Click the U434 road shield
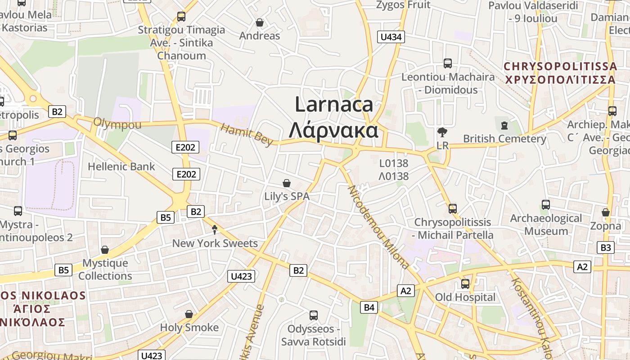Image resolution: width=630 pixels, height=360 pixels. [x=391, y=37]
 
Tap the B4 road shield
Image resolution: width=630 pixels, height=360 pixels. [x=369, y=307]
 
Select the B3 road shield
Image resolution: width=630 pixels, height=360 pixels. [x=606, y=247]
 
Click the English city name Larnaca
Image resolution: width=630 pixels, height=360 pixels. [x=334, y=104]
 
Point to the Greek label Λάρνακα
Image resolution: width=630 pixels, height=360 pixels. [x=333, y=130]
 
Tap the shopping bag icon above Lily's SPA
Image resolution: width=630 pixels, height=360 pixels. [x=286, y=183]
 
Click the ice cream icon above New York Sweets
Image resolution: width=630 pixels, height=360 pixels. [x=215, y=230]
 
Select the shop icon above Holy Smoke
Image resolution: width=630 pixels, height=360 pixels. [x=189, y=314]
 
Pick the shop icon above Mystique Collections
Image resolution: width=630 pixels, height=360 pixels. [x=105, y=249]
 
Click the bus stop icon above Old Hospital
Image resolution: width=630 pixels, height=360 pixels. [x=465, y=284]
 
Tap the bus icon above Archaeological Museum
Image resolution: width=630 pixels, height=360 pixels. [x=545, y=205]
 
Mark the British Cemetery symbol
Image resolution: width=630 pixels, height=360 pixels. [x=504, y=125]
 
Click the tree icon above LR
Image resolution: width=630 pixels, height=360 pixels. [x=442, y=132]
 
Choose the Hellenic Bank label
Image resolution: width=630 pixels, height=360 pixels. [x=121, y=166]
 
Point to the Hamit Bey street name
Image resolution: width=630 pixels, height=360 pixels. [x=247, y=135]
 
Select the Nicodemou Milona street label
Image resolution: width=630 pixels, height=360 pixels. [x=378, y=227]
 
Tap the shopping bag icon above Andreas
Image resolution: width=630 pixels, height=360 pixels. [x=260, y=22]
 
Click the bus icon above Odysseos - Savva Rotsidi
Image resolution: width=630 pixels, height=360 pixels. [x=313, y=315]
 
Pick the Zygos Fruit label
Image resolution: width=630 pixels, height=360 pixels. [x=403, y=5]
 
